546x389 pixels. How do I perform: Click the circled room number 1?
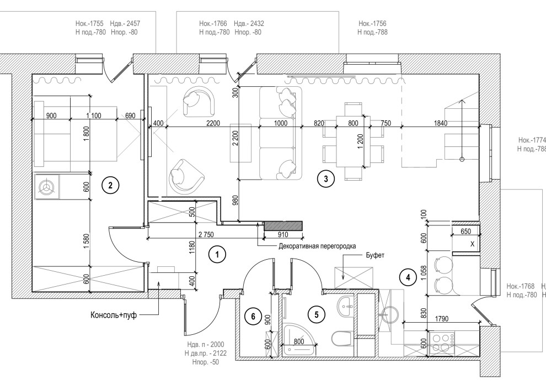(x=218, y=255)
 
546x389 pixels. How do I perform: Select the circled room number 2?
(x=110, y=186)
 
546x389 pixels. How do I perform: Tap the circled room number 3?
(x=326, y=178)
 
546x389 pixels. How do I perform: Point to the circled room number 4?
(x=408, y=277)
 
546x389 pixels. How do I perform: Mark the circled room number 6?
(x=253, y=317)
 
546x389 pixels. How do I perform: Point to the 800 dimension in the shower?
(x=298, y=341)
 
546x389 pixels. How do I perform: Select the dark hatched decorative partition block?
(x=283, y=225)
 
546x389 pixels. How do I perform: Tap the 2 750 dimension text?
(x=205, y=234)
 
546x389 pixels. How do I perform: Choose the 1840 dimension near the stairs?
(x=440, y=123)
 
